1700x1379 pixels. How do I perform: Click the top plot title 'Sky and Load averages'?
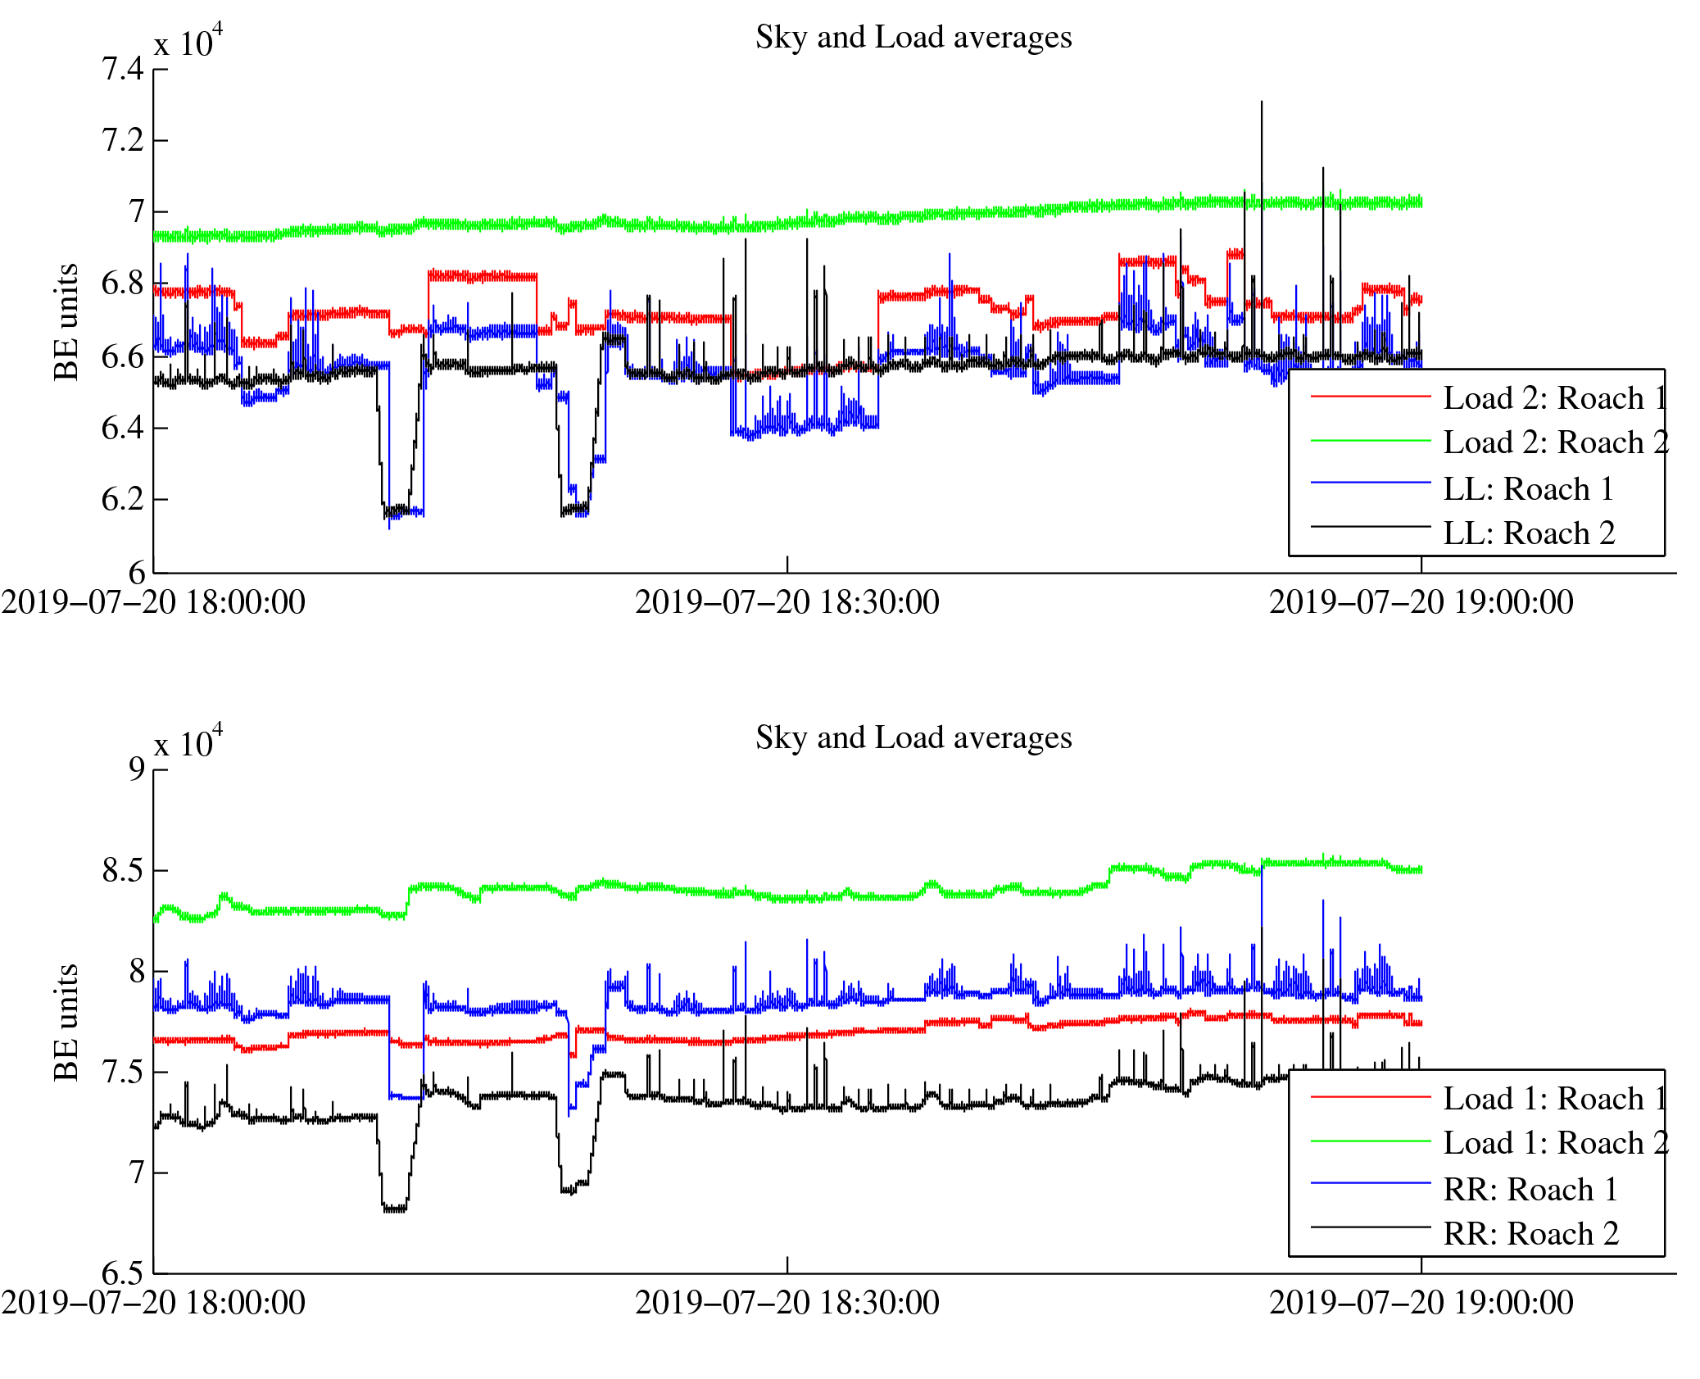(913, 38)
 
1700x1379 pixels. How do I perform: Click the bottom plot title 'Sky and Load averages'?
(913, 738)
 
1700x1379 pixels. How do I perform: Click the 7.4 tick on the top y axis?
(123, 70)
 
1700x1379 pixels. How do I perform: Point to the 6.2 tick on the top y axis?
(123, 499)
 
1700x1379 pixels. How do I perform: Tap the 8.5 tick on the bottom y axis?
(123, 870)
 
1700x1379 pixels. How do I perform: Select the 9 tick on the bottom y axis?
(136, 769)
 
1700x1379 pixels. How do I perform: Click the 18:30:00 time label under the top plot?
(787, 603)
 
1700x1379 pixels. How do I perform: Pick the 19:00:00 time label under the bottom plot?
(1421, 1304)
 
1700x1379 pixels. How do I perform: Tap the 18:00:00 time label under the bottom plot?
(153, 1304)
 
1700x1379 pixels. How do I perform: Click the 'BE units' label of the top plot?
(66, 322)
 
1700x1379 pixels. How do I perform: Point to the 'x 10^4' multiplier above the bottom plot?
(188, 742)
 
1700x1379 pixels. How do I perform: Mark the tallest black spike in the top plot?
(1262, 103)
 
